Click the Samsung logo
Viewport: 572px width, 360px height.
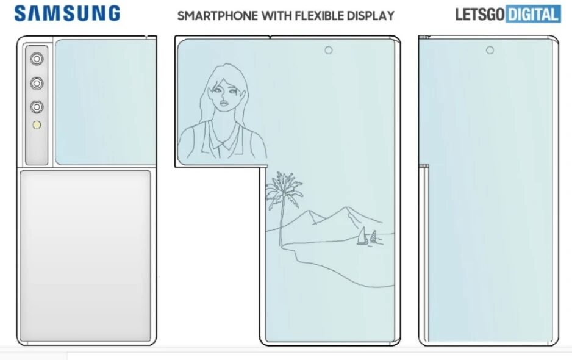tap(68, 13)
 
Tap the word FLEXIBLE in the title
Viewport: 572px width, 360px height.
tap(318, 16)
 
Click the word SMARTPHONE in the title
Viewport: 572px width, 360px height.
tap(218, 16)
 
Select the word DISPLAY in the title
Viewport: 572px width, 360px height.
tap(369, 16)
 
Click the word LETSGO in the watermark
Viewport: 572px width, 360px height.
tap(479, 14)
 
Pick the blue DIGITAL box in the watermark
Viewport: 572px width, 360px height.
tap(532, 14)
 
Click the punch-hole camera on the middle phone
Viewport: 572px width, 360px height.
tap(328, 50)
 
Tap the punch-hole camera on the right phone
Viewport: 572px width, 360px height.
tap(490, 50)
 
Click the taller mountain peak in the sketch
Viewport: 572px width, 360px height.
tap(352, 211)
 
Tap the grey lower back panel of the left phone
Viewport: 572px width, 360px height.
tap(85, 255)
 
